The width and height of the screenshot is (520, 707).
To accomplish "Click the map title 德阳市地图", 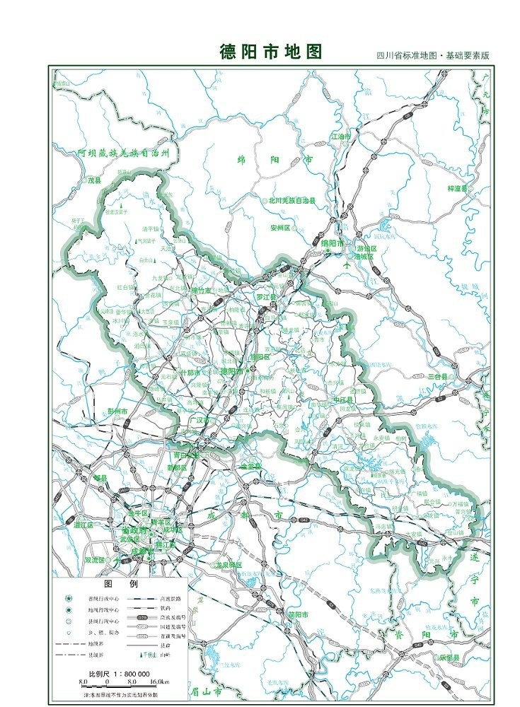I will click(271, 52).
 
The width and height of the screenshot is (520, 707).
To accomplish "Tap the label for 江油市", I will click(341, 136).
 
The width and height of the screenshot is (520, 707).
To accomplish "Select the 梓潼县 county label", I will click(458, 189).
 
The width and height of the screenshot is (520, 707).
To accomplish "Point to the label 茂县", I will click(95, 180).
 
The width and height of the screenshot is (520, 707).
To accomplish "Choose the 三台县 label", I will click(438, 377).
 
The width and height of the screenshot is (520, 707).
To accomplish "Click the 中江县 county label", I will click(342, 400).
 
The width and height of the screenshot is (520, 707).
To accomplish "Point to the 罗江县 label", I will click(266, 297).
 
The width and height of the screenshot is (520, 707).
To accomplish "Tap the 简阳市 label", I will click(299, 615).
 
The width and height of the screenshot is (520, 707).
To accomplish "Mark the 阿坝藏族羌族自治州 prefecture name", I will click(125, 153).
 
